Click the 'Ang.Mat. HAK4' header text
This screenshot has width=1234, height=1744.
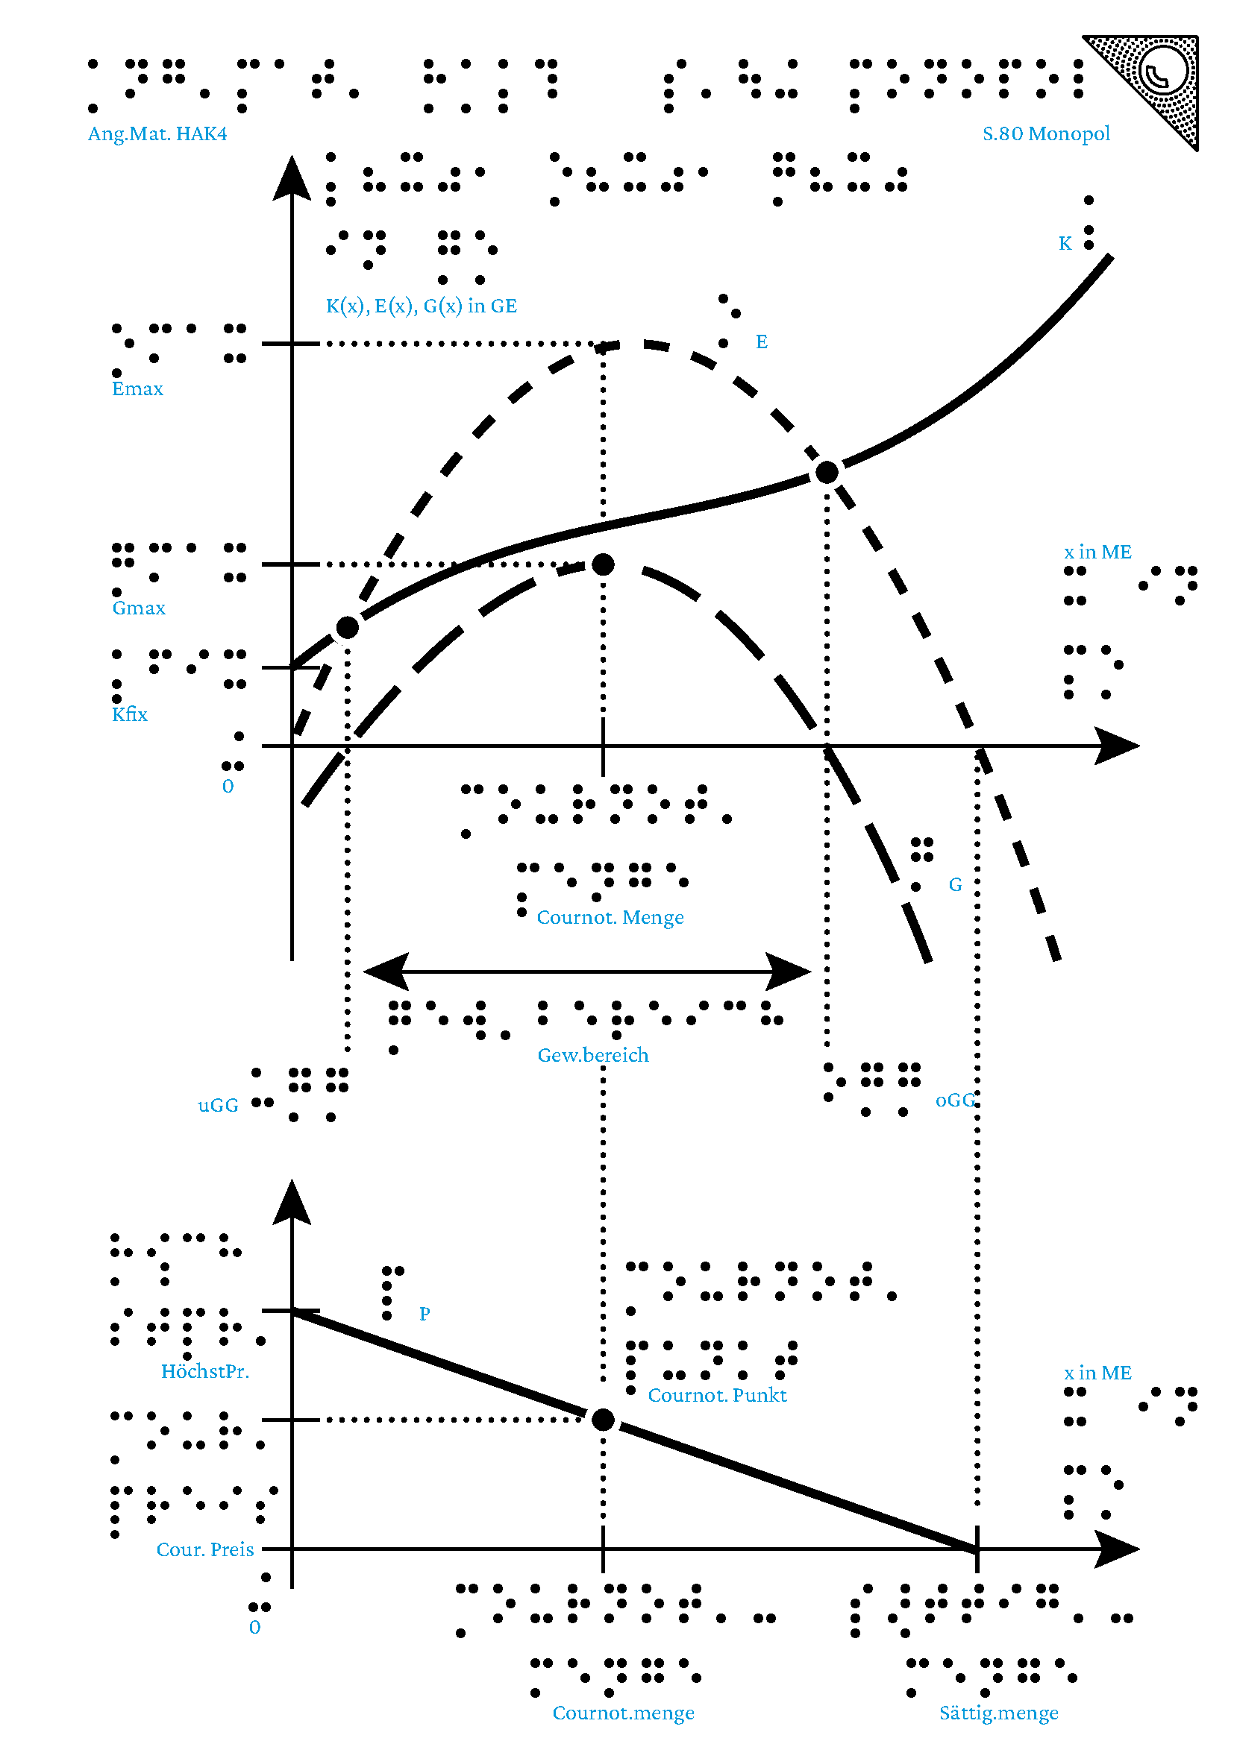pos(157,134)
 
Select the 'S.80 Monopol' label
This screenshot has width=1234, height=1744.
pos(1045,134)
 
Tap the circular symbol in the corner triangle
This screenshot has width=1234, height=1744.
pos(1162,72)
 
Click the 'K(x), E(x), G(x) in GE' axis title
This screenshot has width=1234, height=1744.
pos(421,306)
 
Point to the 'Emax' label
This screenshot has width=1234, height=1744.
pos(137,389)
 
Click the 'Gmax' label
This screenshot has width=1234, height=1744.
pos(138,608)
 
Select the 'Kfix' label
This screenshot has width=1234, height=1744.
pos(130,714)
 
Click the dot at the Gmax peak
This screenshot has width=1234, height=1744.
pos(603,564)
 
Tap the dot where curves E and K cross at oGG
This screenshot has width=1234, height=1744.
pos(827,473)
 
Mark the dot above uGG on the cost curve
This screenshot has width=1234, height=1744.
pos(347,627)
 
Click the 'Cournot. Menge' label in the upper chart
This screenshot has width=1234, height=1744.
pos(610,918)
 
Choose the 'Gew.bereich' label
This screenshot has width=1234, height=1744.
pos(592,1055)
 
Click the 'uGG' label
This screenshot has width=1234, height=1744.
pos(218,1105)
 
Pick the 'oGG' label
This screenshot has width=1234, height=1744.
pos(954,1100)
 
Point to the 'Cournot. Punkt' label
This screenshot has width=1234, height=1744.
pos(717,1395)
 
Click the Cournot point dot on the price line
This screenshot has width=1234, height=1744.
pos(603,1419)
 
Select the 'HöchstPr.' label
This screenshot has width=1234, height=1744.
pos(205,1371)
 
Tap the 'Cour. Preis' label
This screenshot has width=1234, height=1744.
pos(205,1549)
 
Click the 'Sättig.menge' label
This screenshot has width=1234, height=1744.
pos(998,1713)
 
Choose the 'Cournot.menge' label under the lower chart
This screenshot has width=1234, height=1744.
pos(623,1713)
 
